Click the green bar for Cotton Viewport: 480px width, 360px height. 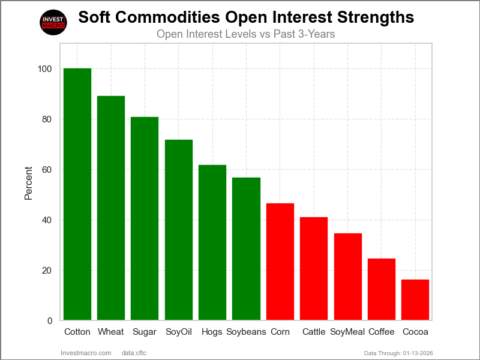click(x=77, y=194)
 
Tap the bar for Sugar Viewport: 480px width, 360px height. click(x=145, y=218)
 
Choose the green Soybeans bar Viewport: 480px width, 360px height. click(x=246, y=249)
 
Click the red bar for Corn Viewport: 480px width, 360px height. click(x=280, y=262)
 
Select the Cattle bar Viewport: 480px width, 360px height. click(x=314, y=269)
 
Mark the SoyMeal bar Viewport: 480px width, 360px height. click(x=347, y=277)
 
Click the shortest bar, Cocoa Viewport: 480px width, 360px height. click(x=415, y=300)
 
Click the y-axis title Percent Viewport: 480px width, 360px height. click(x=28, y=182)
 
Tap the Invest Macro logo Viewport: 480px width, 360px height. click(x=53, y=22)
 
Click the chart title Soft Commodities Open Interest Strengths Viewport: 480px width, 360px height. click(x=246, y=17)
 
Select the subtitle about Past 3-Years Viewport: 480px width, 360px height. click(x=245, y=34)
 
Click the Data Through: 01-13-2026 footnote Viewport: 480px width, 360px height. click(x=398, y=353)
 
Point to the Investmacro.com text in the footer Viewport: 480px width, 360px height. click(x=86, y=353)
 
